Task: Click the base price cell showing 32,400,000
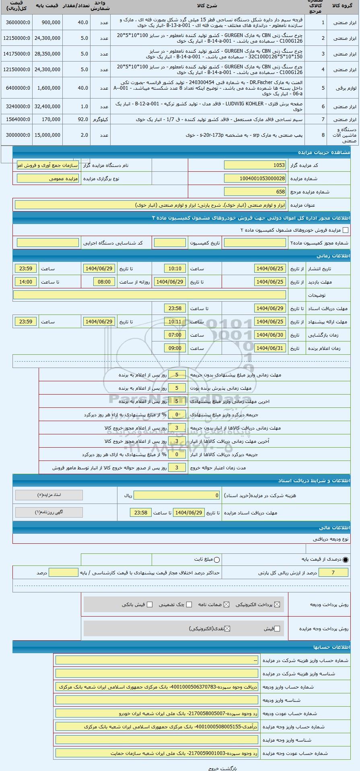[x=47, y=107]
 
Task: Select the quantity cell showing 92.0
[x=76, y=119]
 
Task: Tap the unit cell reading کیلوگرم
[x=100, y=119]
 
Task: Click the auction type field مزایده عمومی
[x=48, y=179]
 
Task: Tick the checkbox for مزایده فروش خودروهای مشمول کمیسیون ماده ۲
[x=345, y=230]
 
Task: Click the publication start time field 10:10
[x=175, y=269]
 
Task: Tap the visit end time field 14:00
[x=26, y=282]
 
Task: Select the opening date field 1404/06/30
[x=270, y=335]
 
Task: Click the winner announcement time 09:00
[x=175, y=348]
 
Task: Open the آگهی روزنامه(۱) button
[x=49, y=512]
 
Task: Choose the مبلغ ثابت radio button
[x=217, y=559]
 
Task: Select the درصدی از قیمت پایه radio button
[x=346, y=559]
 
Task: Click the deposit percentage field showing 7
[x=333, y=573]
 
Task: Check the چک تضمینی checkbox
[x=189, y=604]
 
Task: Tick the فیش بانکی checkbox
[x=150, y=604]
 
